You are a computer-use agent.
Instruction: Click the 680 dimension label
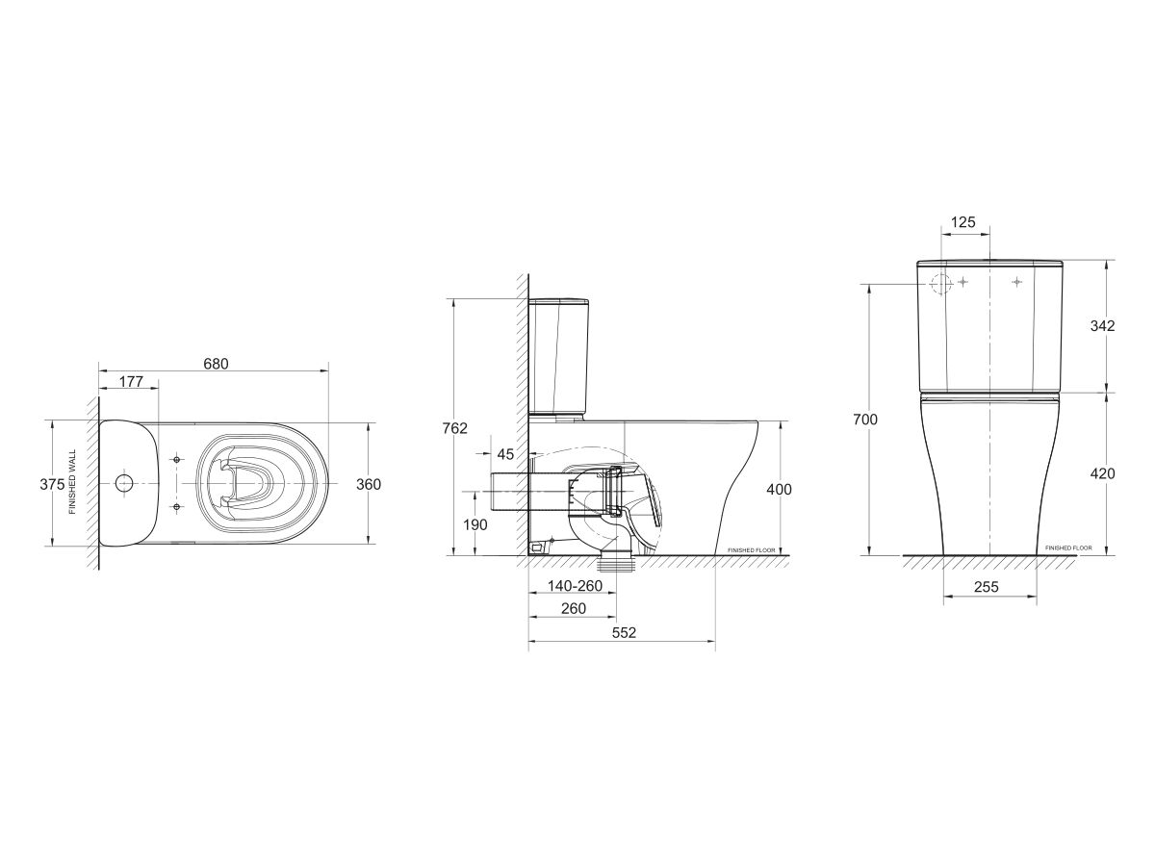point(217,364)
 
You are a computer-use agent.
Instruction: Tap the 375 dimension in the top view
point(52,484)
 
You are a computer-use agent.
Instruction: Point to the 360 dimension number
point(369,484)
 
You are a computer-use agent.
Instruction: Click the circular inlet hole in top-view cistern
point(123,482)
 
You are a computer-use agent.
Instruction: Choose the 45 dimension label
point(505,453)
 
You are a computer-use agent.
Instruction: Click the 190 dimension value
point(475,524)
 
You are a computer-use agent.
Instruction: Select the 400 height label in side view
point(780,489)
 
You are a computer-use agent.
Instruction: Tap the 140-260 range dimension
point(575,586)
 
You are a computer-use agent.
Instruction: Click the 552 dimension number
point(623,632)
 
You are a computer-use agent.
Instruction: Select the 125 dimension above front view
point(962,222)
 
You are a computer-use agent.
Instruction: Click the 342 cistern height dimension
point(1103,326)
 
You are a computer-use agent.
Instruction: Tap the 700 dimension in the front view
point(865,420)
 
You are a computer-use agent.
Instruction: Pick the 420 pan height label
point(1103,473)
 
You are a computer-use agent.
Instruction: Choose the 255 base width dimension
point(986,586)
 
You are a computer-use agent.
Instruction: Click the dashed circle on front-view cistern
point(941,282)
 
